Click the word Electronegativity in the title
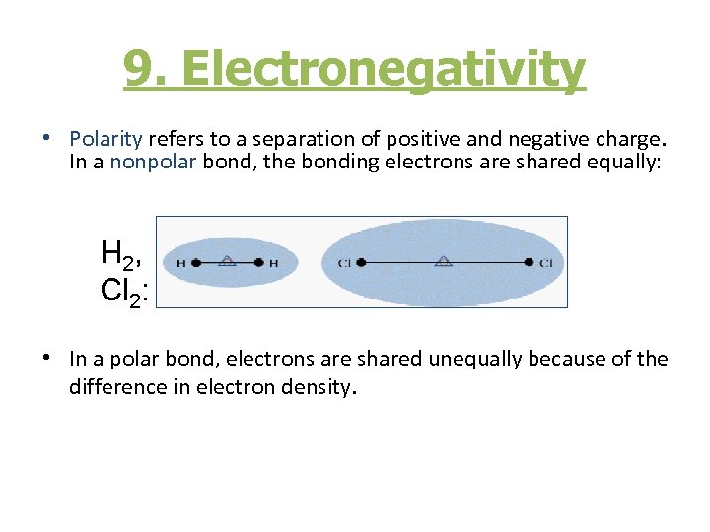tap(384, 69)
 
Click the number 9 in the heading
tap(138, 69)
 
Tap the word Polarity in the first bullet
tap(106, 139)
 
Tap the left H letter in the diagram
tap(180, 263)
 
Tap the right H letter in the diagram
tap(274, 263)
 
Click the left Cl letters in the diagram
tap(343, 263)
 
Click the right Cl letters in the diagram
tap(546, 263)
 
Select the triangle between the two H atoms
tap(227, 261)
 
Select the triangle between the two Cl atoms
tap(445, 261)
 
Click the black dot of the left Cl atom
tap(361, 263)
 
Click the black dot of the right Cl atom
tap(530, 263)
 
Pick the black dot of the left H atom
tap(196, 263)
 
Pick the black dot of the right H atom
tap(258, 263)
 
